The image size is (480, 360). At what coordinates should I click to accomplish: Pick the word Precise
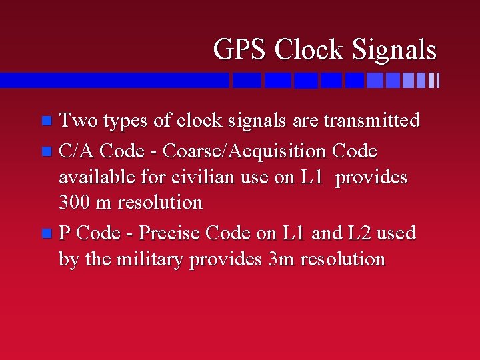(170, 233)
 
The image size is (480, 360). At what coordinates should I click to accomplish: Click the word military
(151, 259)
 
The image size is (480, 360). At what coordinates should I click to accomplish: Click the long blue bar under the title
(113, 80)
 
